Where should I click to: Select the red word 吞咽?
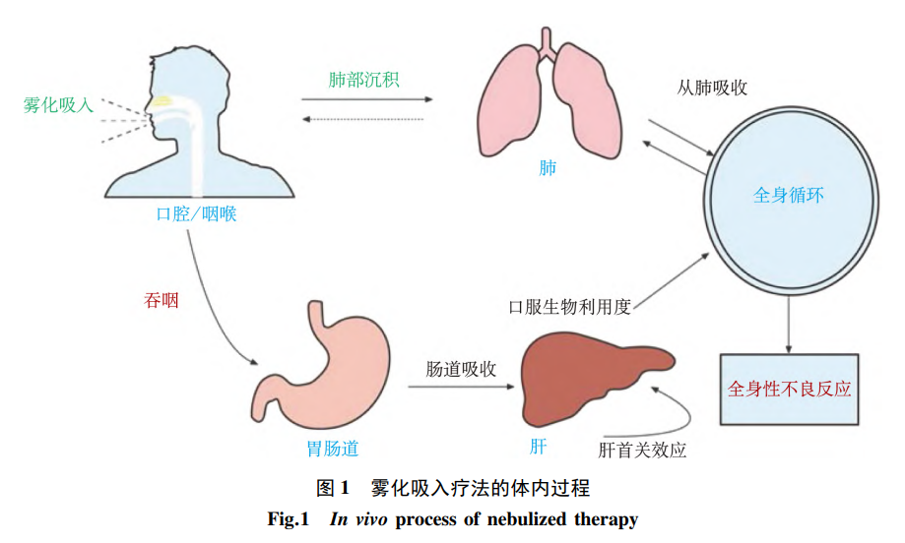pyautogui.click(x=162, y=300)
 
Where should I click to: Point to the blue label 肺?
pyautogui.click(x=548, y=167)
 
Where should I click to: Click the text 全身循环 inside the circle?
pyautogui.click(x=788, y=195)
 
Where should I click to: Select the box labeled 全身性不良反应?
pyautogui.click(x=789, y=389)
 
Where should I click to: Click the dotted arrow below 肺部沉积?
pyautogui.click(x=363, y=119)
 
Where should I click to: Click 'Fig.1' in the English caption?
pyautogui.click(x=289, y=518)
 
